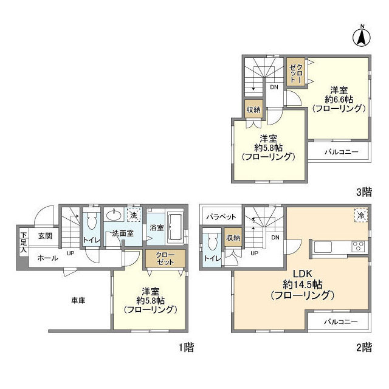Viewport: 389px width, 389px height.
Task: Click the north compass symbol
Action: click(x=362, y=36)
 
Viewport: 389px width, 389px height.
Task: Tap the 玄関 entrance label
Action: click(x=45, y=236)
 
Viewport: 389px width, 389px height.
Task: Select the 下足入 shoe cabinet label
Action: click(x=24, y=242)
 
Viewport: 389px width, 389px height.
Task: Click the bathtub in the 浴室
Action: click(x=175, y=227)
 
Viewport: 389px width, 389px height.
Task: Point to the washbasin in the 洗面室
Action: click(x=114, y=215)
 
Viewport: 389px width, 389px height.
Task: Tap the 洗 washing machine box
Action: click(x=134, y=215)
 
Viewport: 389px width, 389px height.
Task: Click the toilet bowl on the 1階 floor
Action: click(x=91, y=221)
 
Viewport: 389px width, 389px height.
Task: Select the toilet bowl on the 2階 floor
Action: click(x=212, y=242)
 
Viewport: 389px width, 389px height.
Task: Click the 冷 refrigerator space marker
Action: click(x=361, y=215)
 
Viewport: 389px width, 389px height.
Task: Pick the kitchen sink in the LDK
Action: click(x=323, y=247)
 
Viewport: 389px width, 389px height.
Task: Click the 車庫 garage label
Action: click(x=78, y=301)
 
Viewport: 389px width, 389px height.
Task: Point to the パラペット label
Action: click(x=221, y=217)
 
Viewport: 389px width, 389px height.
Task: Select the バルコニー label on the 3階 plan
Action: click(x=342, y=152)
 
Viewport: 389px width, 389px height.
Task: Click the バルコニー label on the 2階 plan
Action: click(x=341, y=322)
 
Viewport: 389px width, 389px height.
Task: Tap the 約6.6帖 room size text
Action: click(x=339, y=100)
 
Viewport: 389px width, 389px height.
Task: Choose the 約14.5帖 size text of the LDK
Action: click(x=303, y=284)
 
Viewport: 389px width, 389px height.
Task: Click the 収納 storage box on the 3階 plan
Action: click(x=253, y=109)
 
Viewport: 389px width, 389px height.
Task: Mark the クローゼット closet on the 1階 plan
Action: click(x=165, y=258)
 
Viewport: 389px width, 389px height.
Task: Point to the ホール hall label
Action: click(x=47, y=258)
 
